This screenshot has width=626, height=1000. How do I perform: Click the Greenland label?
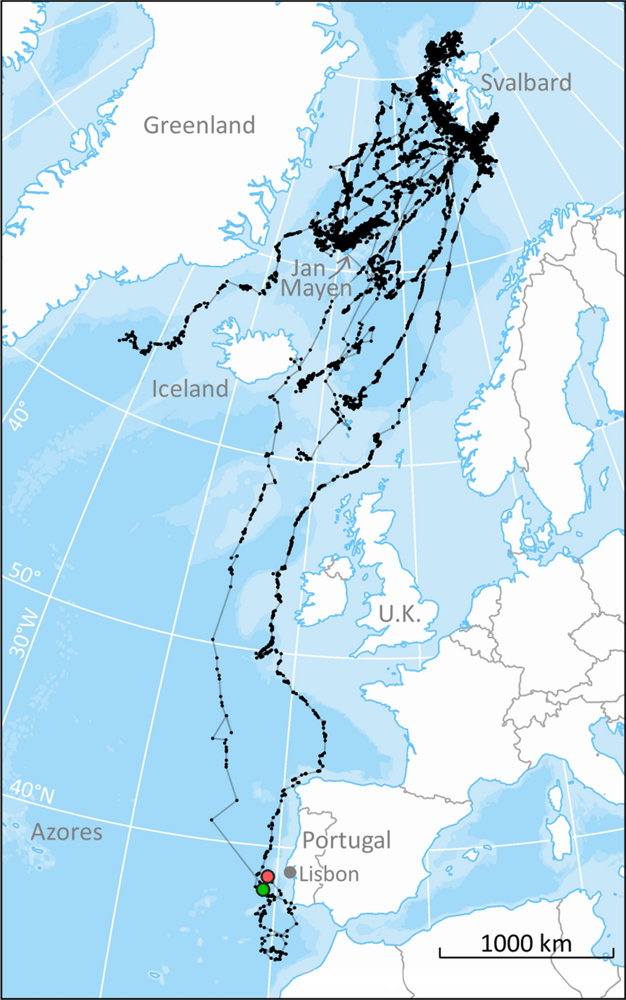199,125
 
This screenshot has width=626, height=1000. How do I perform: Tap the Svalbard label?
526,83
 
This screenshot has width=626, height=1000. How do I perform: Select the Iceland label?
189,389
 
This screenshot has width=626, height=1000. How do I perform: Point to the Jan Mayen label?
316,278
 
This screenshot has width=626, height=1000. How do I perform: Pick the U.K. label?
399,613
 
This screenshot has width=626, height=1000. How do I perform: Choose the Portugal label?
347,840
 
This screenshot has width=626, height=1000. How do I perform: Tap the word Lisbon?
329,874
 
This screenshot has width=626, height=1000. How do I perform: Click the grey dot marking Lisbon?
290,873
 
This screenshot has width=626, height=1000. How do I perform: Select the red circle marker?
268,876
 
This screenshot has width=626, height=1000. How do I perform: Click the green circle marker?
263,889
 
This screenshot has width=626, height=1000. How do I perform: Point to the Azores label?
67,832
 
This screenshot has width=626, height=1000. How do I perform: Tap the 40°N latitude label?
32,792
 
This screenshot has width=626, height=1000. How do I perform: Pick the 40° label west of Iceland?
19,415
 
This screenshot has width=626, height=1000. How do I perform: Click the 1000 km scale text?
526,944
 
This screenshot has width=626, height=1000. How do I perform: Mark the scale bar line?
526,955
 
